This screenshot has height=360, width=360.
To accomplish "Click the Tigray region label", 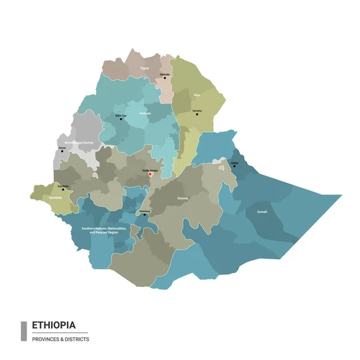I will point(144,68).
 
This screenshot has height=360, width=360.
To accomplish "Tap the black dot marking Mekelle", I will point(165,78).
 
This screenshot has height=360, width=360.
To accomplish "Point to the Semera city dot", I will point(197,114).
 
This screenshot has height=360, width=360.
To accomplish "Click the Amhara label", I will point(145,112).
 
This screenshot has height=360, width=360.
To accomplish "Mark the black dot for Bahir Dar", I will point(121,119).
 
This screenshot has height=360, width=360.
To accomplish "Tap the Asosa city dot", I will point(62,151).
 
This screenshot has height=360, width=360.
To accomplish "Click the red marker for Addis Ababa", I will point(150,175).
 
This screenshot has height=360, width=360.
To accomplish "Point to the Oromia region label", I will point(183,197).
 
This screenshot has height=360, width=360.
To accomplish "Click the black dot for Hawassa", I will point(145,216).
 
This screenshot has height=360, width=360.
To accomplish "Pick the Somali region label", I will point(262,211).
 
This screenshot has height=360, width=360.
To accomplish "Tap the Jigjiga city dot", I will point(234,166).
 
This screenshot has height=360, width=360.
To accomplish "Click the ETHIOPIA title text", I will point(54,325).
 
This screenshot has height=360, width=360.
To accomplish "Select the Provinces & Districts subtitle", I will point(61,340).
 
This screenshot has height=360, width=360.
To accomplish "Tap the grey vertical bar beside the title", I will point(24,331).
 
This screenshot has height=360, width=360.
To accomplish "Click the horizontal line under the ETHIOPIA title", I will point(59,333).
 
